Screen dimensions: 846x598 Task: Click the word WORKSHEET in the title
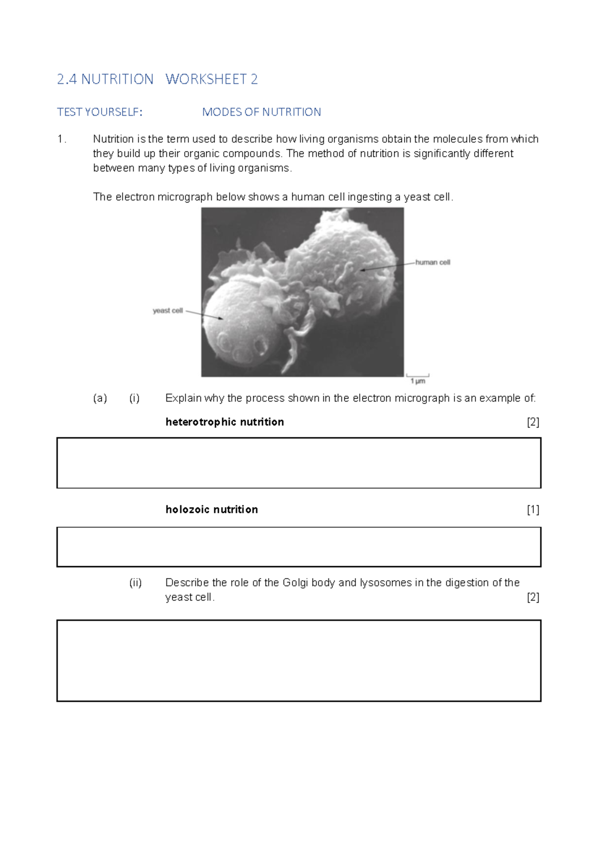tap(206, 79)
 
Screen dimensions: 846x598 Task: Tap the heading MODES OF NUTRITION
tap(261, 112)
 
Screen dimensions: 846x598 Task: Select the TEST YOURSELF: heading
tap(100, 112)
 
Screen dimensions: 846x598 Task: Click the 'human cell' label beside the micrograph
tap(433, 262)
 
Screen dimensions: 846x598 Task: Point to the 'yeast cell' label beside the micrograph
tap(167, 311)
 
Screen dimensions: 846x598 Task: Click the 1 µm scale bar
tap(418, 375)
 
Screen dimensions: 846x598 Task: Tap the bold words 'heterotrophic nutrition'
tap(224, 422)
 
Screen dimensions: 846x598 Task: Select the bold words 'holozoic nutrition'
tap(211, 509)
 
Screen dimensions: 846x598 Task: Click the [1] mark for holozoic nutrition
tap(533, 509)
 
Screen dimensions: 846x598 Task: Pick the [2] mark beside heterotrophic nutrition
tap(533, 422)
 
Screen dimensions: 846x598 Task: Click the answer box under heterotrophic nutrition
tap(299, 463)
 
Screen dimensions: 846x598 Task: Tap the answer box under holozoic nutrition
tap(299, 547)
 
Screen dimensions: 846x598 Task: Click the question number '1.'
tap(61, 139)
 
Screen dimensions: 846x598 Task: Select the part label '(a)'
tap(100, 398)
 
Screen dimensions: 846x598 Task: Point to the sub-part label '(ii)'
tap(136, 583)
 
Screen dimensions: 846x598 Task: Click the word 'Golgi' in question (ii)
tap(295, 583)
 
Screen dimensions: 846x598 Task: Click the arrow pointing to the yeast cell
tap(204, 315)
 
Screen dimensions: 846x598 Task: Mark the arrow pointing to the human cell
tap(388, 266)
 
